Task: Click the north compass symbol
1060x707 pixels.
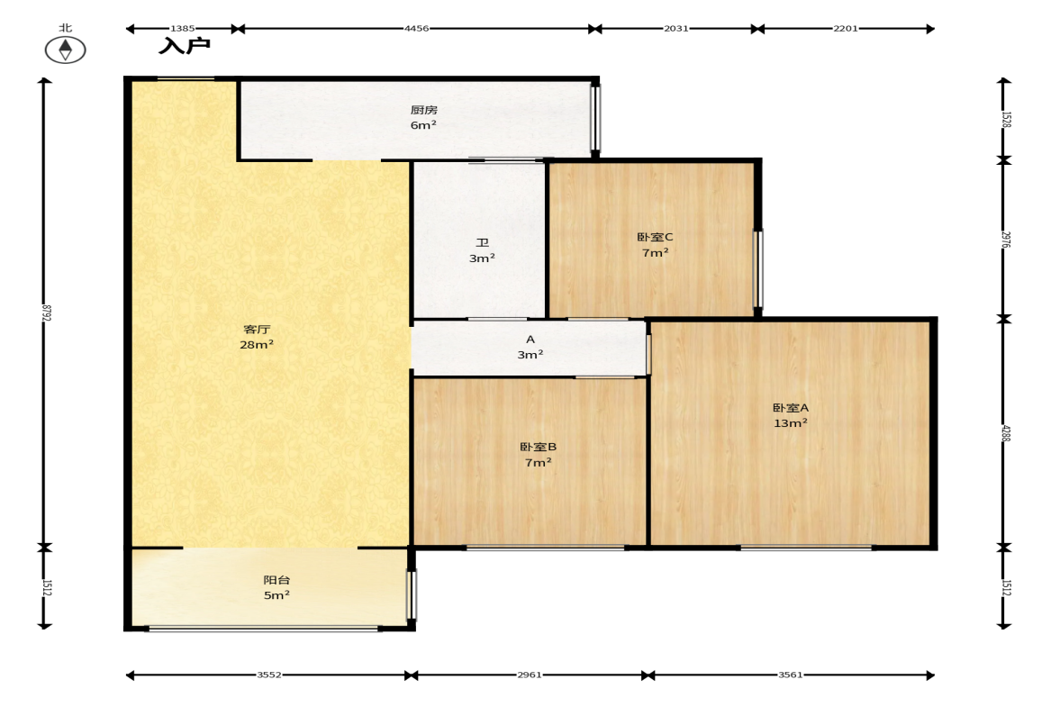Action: [x=65, y=50]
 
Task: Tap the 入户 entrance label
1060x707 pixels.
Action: [x=184, y=46]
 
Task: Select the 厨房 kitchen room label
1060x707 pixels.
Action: [x=424, y=110]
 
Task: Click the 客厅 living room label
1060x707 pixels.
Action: [x=257, y=329]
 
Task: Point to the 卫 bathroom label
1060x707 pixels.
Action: [x=482, y=242]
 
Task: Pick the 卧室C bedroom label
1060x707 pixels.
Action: [x=655, y=237]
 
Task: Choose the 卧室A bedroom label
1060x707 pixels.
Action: [x=790, y=408]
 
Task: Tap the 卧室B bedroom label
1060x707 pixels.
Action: [x=539, y=447]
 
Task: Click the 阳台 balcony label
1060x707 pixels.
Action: [x=276, y=580]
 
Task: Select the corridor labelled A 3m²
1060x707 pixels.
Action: [x=530, y=347]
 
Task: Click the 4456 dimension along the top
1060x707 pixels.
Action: [x=416, y=29]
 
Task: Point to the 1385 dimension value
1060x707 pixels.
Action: [x=183, y=29]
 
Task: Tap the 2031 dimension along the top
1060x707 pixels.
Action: [x=676, y=29]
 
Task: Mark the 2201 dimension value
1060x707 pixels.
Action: [x=845, y=29]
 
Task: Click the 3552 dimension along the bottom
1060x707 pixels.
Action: [x=269, y=675]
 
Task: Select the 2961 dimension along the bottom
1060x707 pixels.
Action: [x=530, y=675]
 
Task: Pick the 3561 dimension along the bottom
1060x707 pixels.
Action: [x=790, y=675]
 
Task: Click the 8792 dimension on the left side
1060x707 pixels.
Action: [x=46, y=313]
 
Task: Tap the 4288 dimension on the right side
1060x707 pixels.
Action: [x=1006, y=432]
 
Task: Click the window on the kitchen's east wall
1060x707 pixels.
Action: [x=595, y=118]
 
